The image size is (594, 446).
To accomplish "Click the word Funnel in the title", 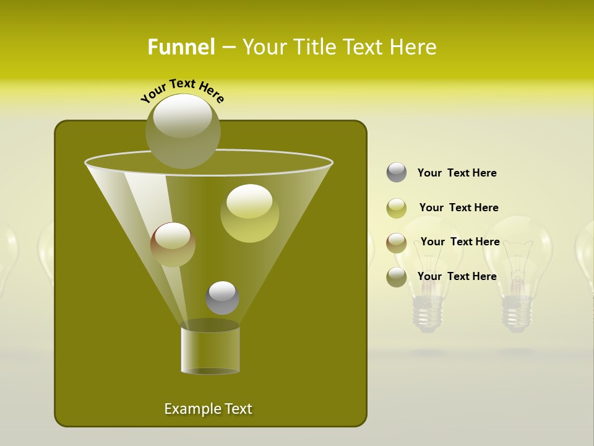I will point(181,47).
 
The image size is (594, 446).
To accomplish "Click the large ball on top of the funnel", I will point(183,131).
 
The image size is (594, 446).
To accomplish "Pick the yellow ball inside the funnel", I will point(249,213).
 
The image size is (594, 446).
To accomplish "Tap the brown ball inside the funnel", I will point(173,244).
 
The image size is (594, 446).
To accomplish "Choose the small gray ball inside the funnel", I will point(222,297).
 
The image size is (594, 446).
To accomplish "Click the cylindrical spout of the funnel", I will point(210,350).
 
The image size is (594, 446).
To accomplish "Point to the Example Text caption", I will point(208,409).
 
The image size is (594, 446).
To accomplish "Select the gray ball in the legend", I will point(397,173).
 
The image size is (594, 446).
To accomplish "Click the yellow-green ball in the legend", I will point(397,208).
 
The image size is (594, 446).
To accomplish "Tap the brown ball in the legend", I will point(397,242).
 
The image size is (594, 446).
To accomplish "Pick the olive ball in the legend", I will point(397,276).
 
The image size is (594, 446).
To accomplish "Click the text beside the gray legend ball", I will point(457,173).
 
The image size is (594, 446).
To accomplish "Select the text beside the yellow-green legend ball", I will point(458,208).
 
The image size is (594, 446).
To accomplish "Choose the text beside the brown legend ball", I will point(460,242).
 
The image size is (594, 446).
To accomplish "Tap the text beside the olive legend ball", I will point(457,276).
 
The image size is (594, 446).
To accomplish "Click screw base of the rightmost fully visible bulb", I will point(517,313).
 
